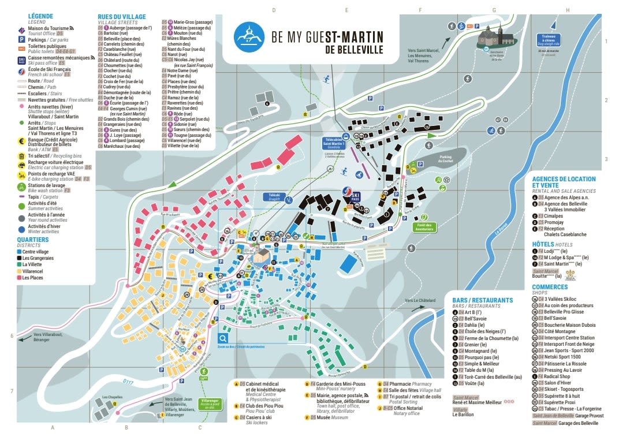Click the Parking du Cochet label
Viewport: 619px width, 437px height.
[445, 159]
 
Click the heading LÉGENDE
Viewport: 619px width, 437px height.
[33, 16]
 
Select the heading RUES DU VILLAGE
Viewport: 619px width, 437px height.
[121, 17]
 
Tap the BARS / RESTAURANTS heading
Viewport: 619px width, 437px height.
[483, 300]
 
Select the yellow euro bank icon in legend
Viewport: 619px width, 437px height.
[21, 140]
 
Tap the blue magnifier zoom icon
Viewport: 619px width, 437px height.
[223, 338]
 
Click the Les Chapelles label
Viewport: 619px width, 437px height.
[111, 398]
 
